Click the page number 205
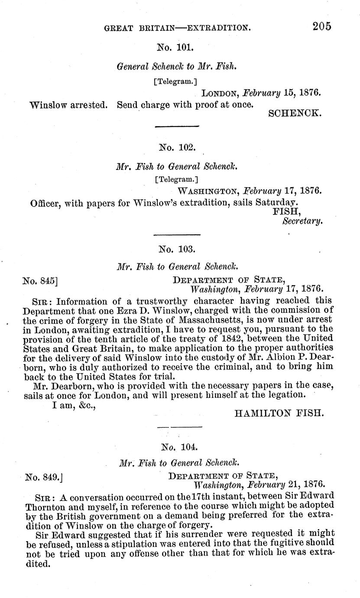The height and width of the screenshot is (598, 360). coord(322,26)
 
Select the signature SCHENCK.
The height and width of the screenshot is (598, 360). coord(295,114)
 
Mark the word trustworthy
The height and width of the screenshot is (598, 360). coord(149,301)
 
